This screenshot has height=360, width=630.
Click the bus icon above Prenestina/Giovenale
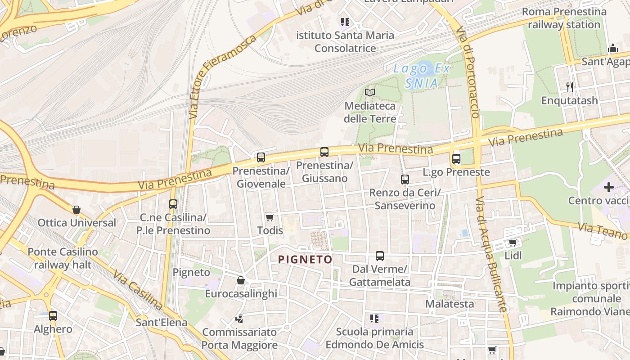pyautogui.click(x=261, y=157)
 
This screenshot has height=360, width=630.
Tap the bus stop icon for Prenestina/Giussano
pyautogui.click(x=324, y=152)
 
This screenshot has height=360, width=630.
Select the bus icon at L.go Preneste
pyautogui.click(x=456, y=158)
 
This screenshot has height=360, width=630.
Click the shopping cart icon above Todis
pyautogui.click(x=270, y=218)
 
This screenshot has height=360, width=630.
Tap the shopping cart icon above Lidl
pyautogui.click(x=513, y=243)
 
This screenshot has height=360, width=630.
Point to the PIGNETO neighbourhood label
pyautogui.click(x=305, y=260)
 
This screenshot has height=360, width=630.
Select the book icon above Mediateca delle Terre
pyautogui.click(x=370, y=92)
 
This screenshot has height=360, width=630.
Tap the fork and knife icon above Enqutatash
pyautogui.click(x=570, y=87)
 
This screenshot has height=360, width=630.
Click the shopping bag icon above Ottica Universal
pyautogui.click(x=76, y=210)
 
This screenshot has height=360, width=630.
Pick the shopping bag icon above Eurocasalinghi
pyautogui.click(x=241, y=280)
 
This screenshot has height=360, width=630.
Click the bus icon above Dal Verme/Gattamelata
pyautogui.click(x=380, y=256)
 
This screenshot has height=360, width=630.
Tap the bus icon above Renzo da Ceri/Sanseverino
pyautogui.click(x=405, y=180)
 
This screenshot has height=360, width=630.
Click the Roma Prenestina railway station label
pyautogui.click(x=564, y=18)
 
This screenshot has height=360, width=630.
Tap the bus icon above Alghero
pyautogui.click(x=53, y=316)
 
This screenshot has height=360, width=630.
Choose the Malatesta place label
pyautogui.click(x=450, y=304)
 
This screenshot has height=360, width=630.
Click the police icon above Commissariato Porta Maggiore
pyautogui.click(x=239, y=319)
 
